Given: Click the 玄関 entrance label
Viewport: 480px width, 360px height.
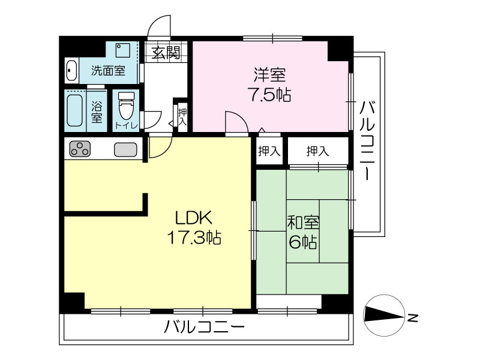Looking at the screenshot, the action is pyautogui.click(x=166, y=53).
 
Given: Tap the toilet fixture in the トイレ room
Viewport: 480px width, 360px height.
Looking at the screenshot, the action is pyautogui.click(x=126, y=106).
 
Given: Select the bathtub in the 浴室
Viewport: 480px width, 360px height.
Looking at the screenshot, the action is pyautogui.click(x=74, y=110).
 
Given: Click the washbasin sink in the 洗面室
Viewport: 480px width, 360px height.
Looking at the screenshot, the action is pyautogui.click(x=71, y=71).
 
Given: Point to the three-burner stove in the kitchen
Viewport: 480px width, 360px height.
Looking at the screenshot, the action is pyautogui.click(x=80, y=149).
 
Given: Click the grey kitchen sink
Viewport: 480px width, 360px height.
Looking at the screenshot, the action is pyautogui.click(x=125, y=149).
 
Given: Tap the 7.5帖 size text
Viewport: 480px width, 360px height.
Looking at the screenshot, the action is pyautogui.click(x=269, y=94).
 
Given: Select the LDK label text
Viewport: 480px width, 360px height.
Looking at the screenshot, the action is pyautogui.click(x=193, y=218).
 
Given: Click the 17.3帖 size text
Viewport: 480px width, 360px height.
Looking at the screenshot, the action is pyautogui.click(x=194, y=237).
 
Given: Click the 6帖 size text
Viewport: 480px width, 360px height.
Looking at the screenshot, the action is pyautogui.click(x=303, y=242).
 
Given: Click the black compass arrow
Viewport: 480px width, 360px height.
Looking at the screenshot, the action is pyautogui.click(x=384, y=315).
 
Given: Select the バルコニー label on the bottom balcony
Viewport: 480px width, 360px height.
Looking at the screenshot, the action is pyautogui.click(x=204, y=327).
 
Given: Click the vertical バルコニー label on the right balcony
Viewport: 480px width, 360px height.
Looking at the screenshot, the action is pyautogui.click(x=367, y=140).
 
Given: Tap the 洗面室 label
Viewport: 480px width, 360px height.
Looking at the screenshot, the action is pyautogui.click(x=108, y=71).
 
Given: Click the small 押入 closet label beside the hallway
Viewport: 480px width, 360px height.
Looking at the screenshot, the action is pyautogui.click(x=182, y=116).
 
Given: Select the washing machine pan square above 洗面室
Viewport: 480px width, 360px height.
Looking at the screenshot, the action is pyautogui.click(x=123, y=50).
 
